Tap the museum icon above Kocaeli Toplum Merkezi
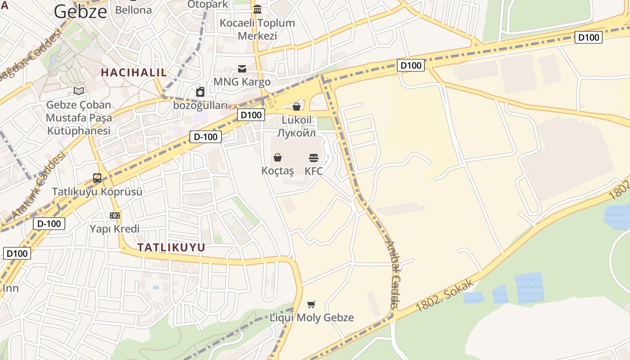click(257, 9)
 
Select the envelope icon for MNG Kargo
click(242, 69)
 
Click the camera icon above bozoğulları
click(200, 92)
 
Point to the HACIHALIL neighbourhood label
click(134, 72)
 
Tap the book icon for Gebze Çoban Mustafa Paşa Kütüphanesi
click(79, 91)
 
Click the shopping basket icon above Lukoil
click(297, 107)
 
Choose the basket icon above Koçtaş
click(278, 157)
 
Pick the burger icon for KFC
click(314, 157)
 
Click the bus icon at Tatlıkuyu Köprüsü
click(97, 178)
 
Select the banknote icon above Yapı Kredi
click(115, 216)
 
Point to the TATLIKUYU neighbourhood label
click(171, 247)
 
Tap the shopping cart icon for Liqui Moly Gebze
click(311, 304)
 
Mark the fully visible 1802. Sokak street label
click(445, 295)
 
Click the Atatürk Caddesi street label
click(38, 185)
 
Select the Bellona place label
click(134, 10)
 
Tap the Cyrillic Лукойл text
click(297, 133)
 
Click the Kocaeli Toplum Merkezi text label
click(257, 29)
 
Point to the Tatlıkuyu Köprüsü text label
click(97, 192)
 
